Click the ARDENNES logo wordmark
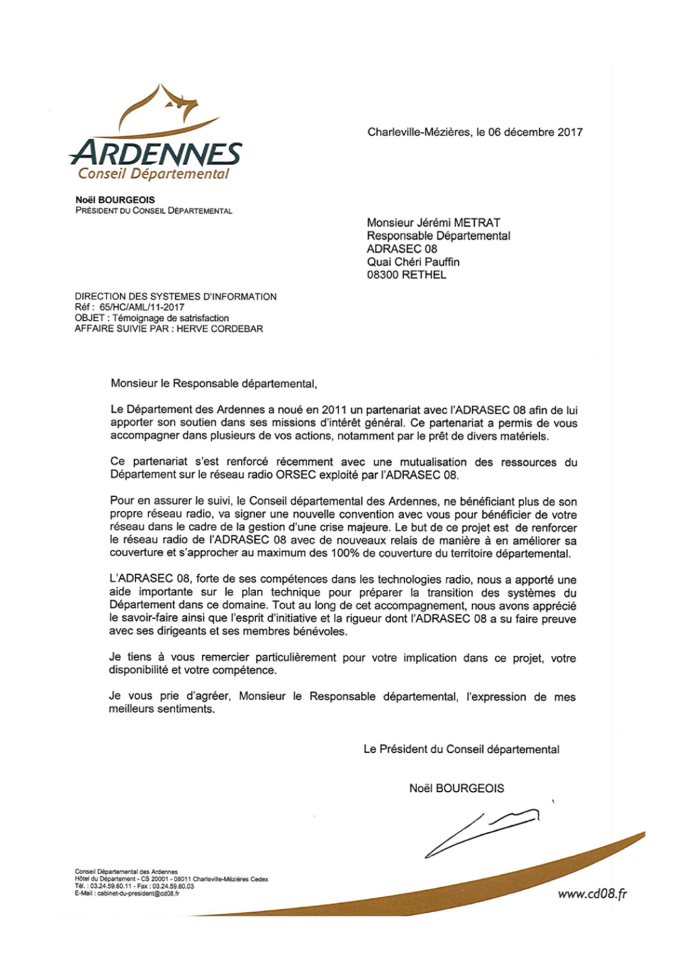tap(156, 153)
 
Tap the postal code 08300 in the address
tap(382, 275)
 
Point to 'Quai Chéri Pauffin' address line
tap(413, 262)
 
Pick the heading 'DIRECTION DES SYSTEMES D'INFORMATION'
tap(176, 297)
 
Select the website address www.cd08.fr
tap(592, 893)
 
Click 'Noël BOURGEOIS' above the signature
tap(456, 788)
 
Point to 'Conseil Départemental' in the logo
tap(153, 174)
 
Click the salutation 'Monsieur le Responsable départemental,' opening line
tap(214, 384)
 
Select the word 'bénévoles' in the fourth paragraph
tap(322, 632)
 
